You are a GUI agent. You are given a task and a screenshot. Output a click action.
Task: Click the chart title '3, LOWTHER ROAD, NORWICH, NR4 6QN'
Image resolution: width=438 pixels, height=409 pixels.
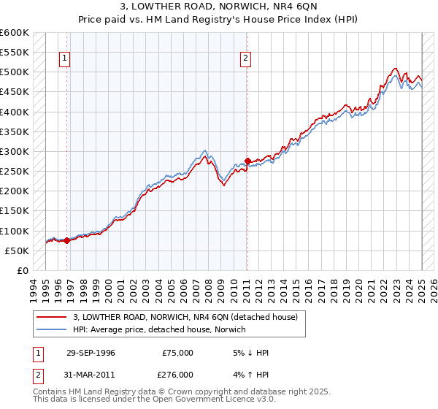[219, 9]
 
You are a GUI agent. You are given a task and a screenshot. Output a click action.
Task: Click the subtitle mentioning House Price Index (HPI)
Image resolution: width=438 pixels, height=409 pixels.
[219, 21]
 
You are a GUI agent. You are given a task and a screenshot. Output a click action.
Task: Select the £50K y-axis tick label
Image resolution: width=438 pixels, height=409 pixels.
[17, 251]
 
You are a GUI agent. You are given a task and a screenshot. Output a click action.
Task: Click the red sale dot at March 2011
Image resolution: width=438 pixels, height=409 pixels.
[247, 161]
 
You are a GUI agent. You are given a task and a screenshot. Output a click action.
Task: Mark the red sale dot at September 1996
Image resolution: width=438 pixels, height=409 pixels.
[66, 240]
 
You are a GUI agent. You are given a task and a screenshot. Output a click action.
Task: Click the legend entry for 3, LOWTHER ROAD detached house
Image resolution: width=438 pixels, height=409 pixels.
[185, 318]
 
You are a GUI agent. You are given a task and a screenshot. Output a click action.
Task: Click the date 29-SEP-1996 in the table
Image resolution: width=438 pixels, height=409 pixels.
[91, 353]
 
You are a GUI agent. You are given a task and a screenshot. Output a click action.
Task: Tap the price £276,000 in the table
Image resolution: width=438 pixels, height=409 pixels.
[177, 374]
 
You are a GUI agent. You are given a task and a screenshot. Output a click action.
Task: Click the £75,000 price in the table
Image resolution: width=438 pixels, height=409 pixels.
[177, 353]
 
